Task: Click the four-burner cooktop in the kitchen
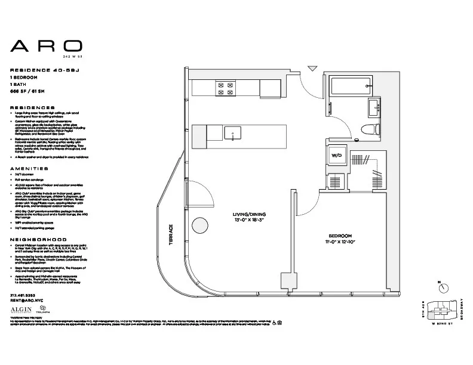(x=227, y=89)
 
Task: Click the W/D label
(x=336, y=156)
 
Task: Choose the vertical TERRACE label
(x=171, y=236)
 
